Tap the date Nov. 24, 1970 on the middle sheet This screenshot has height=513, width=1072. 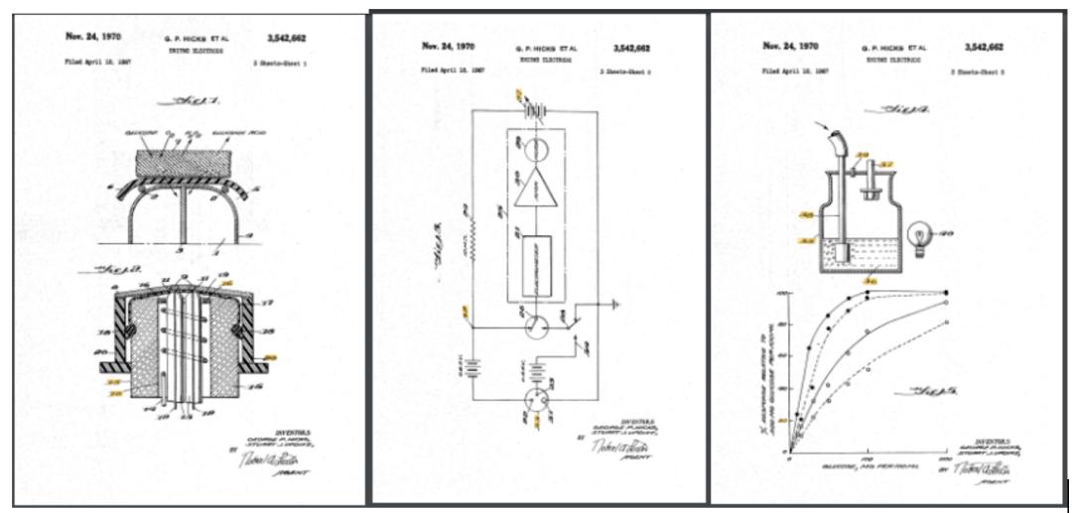[443, 46]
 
